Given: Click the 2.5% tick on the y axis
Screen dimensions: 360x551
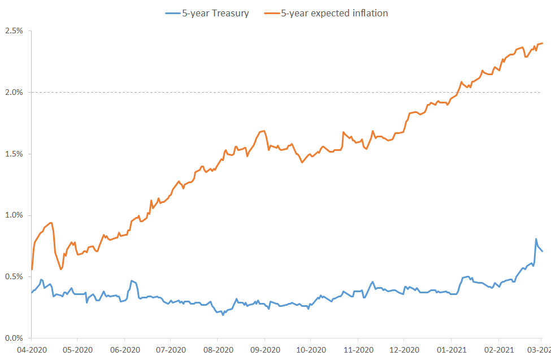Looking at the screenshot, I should (x=14, y=31).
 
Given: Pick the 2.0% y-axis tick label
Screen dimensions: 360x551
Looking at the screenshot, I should (x=14, y=92).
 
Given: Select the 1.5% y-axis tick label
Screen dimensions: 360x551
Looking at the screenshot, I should (x=14, y=154).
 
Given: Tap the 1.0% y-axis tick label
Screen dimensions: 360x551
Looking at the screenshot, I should (x=14, y=215).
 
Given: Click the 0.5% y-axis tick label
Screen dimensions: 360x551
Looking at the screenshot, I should (x=14, y=277).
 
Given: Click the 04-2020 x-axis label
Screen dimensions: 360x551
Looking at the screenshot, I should (x=31, y=350).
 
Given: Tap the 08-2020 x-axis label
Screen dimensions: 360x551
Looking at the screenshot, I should (x=218, y=350).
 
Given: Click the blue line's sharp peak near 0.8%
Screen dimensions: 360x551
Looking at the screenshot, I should (x=536, y=239).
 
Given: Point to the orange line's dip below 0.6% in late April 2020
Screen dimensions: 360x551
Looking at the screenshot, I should (x=61, y=269).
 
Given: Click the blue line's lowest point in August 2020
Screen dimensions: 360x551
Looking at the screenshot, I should (x=223, y=314).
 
